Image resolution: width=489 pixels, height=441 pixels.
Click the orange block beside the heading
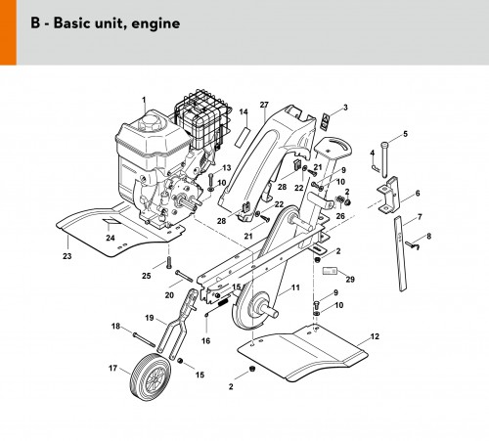[x=8, y=32]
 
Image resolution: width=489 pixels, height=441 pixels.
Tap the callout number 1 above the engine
[x=144, y=100]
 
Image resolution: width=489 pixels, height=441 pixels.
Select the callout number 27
[x=264, y=105]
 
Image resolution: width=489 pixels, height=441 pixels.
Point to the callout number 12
[x=375, y=336]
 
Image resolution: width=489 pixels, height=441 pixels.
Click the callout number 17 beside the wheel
[x=112, y=368]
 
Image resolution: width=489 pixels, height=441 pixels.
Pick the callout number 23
[x=67, y=256]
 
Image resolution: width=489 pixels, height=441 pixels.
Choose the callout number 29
[x=350, y=279]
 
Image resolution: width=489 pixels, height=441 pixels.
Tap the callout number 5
[x=405, y=134]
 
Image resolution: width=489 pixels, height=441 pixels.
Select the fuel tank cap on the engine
[x=150, y=123]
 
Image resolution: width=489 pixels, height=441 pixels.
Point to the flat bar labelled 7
[x=401, y=253]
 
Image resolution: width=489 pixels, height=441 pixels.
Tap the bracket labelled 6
[x=388, y=196]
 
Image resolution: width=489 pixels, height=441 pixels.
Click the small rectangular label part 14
[x=243, y=137]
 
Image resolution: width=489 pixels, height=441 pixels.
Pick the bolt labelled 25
[x=169, y=263]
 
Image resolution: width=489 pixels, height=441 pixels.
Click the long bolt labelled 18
[x=144, y=339]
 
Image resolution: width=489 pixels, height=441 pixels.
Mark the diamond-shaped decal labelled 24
[x=111, y=221]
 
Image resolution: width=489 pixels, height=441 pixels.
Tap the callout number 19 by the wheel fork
[x=150, y=318]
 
